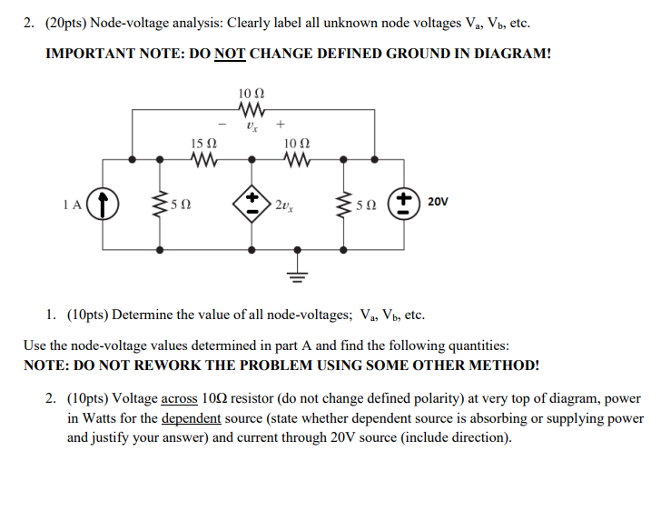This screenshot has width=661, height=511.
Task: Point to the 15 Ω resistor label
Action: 204,144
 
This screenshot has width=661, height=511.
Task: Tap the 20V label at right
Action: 439,202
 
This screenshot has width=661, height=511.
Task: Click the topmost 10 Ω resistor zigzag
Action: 252,110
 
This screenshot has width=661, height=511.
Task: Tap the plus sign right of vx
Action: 281,124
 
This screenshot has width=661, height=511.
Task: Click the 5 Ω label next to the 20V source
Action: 364,205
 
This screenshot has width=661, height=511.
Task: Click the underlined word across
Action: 179,399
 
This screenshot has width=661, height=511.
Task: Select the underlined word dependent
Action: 191,418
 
